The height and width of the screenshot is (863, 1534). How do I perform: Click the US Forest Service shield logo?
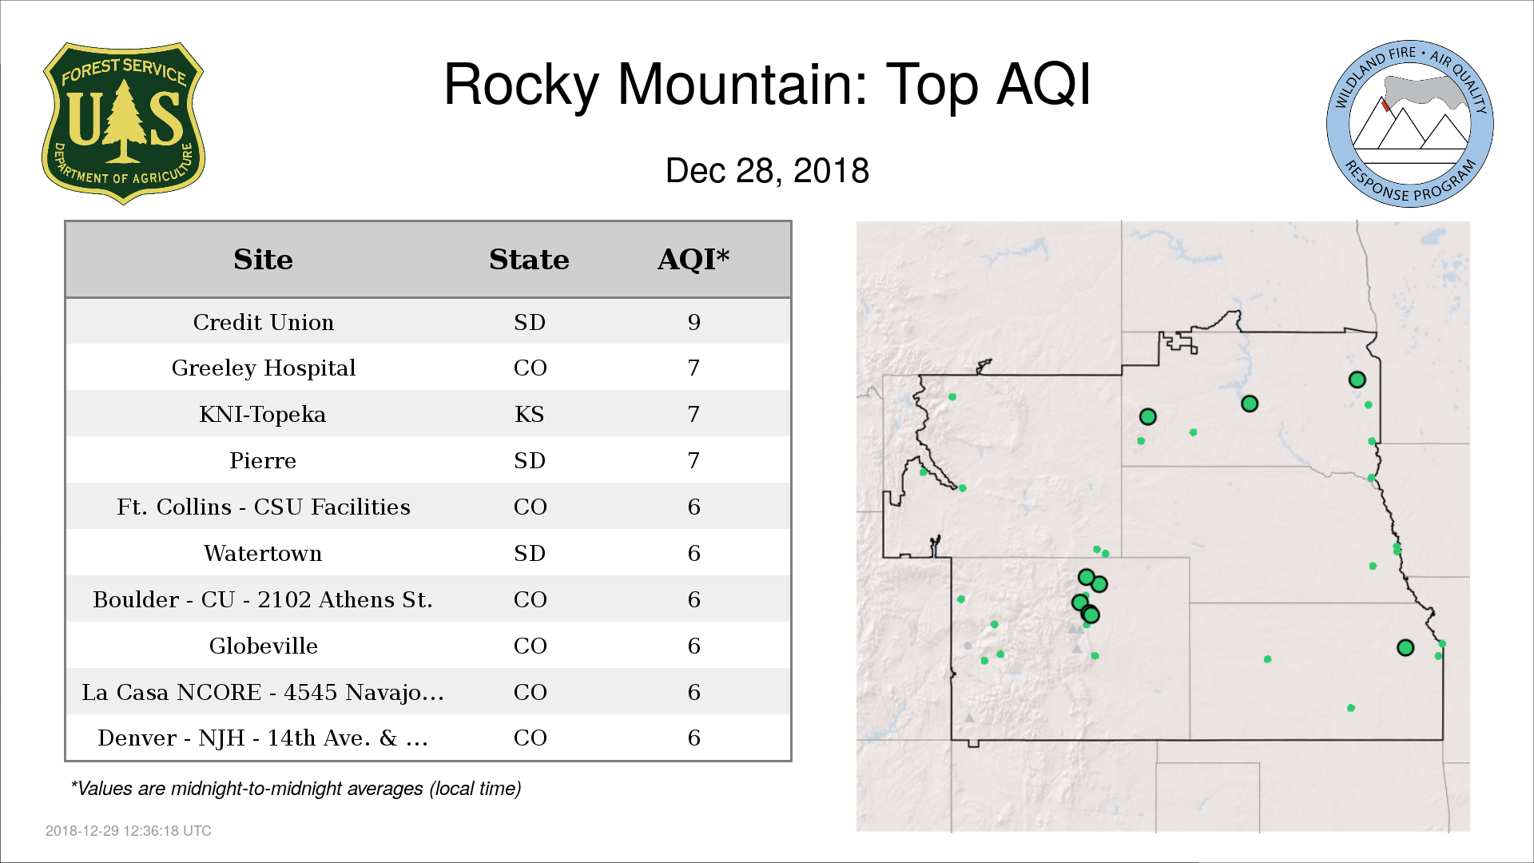click(x=123, y=123)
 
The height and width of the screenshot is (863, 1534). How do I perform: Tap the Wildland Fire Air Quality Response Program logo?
click(x=1410, y=124)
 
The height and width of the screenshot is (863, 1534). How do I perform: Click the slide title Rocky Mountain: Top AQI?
click(x=767, y=84)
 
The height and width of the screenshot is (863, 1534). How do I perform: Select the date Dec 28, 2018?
click(x=767, y=171)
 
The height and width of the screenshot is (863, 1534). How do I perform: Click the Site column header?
click(x=263, y=260)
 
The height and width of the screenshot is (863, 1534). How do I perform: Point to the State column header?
click(x=529, y=260)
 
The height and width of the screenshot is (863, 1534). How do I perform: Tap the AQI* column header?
click(x=693, y=260)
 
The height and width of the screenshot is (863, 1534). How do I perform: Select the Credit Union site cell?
click(x=264, y=322)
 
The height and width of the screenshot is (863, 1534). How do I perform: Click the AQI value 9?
click(x=693, y=322)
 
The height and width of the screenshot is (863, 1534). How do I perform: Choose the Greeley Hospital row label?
click(x=264, y=368)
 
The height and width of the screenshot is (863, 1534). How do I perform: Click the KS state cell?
click(x=529, y=415)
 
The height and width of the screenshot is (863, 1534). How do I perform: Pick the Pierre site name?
click(x=263, y=461)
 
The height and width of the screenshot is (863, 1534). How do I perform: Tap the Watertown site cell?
click(x=263, y=554)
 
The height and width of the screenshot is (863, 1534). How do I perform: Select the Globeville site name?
click(x=264, y=646)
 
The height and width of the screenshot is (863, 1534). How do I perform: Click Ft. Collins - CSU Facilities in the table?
click(x=264, y=507)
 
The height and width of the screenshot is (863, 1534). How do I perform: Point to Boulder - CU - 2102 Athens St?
click(x=263, y=600)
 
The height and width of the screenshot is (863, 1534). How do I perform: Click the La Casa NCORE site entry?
click(x=263, y=693)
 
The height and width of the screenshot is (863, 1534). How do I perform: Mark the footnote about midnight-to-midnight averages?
click(x=296, y=789)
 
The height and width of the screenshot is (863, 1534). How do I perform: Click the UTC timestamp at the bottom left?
click(x=129, y=831)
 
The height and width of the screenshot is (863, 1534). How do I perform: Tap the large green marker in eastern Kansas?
click(x=1405, y=648)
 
